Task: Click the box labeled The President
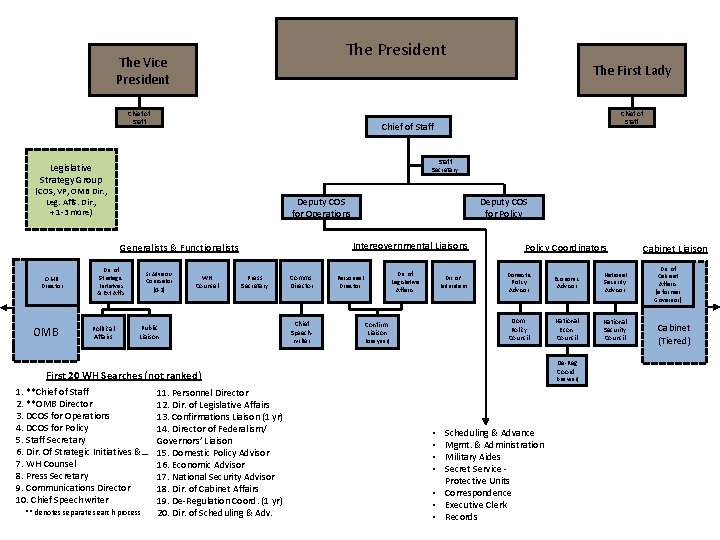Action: click(x=395, y=49)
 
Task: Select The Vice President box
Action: click(x=143, y=70)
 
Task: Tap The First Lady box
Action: click(x=631, y=70)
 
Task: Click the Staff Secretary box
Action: click(x=445, y=164)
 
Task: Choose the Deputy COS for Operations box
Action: click(x=321, y=207)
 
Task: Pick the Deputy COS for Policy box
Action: click(x=503, y=207)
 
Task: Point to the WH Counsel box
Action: click(x=209, y=281)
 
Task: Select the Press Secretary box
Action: click(x=255, y=281)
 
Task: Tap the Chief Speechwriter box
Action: click(x=301, y=331)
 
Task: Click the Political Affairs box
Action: click(x=103, y=331)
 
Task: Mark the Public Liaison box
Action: click(x=148, y=331)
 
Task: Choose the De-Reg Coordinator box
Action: click(x=566, y=371)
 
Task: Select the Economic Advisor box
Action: click(x=566, y=281)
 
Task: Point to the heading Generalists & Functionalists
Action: click(x=179, y=248)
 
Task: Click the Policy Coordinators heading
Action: click(x=566, y=247)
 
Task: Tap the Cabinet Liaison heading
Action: click(x=674, y=248)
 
